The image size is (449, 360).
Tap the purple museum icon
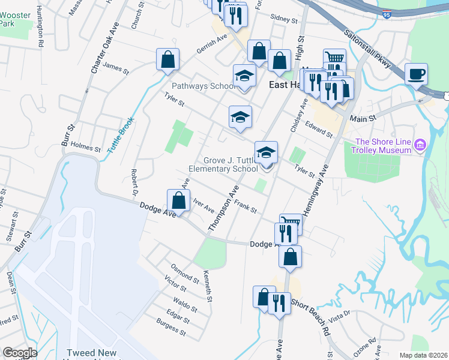pos(420,145)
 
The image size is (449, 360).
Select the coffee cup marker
pos(416,75)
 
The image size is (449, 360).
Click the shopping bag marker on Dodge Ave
pos(178,200)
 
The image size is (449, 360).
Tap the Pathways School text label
pos(204,86)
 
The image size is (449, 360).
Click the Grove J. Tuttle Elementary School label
pos(223,165)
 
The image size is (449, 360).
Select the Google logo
pos(20,353)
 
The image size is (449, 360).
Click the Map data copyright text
pos(423,355)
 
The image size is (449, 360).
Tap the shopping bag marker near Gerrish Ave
pos(167,59)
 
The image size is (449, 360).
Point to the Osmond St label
pos(185,273)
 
